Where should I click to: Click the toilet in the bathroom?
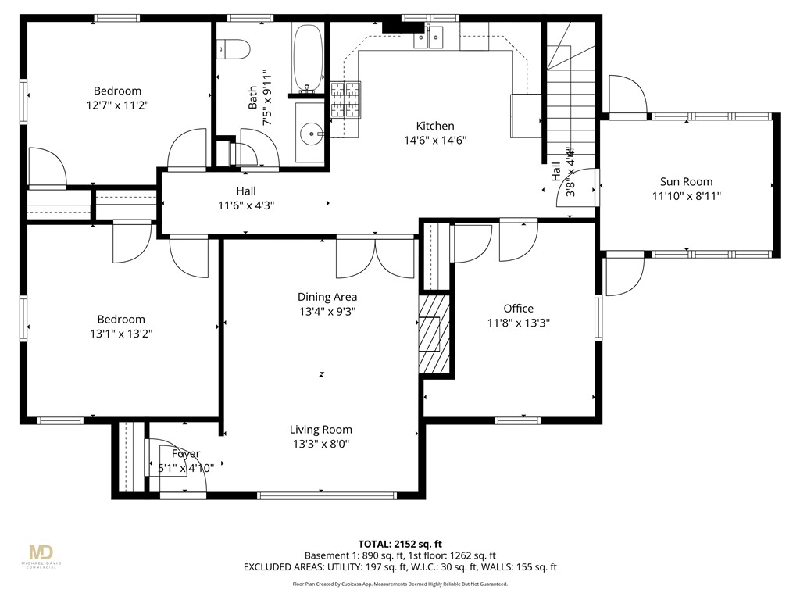click(234, 50)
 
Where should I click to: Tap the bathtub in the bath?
click(308, 58)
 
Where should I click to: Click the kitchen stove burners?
click(347, 100)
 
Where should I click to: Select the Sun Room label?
click(686, 182)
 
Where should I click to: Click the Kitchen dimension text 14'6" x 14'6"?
click(434, 141)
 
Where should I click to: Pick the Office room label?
click(518, 309)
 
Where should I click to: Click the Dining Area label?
click(327, 297)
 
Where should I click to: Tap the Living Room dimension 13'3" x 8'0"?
click(320, 444)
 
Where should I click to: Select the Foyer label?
click(186, 454)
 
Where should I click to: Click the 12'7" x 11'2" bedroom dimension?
click(117, 105)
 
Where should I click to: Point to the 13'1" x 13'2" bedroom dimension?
click(120, 334)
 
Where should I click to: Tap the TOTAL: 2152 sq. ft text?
click(399, 544)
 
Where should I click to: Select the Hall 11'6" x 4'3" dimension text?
click(245, 205)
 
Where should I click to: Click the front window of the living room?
click(327, 495)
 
